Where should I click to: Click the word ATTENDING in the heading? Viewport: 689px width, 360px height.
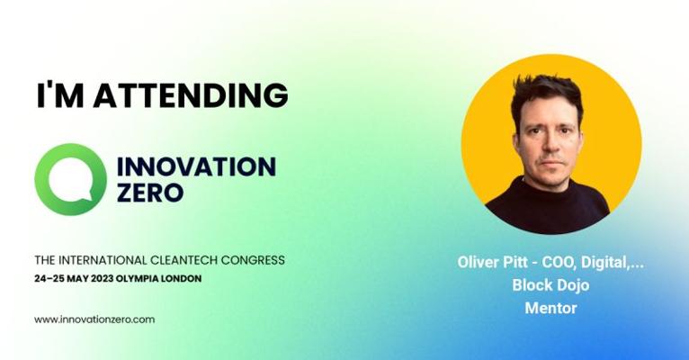click(191, 94)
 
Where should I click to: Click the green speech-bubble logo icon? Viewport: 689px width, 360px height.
click(71, 179)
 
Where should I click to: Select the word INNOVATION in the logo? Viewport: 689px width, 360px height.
click(196, 166)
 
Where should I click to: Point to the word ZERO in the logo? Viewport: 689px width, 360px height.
click(150, 192)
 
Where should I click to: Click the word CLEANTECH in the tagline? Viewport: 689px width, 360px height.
click(183, 260)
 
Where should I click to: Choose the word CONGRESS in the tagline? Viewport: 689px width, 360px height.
click(253, 260)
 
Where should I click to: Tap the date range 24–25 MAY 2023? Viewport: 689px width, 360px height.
click(74, 279)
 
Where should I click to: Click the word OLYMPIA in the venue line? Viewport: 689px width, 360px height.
click(137, 279)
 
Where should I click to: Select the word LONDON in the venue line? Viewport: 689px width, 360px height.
click(181, 279)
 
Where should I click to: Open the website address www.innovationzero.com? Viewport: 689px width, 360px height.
click(94, 319)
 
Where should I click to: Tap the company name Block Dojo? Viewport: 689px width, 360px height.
click(550, 285)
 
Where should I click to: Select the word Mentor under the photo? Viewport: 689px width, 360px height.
click(550, 308)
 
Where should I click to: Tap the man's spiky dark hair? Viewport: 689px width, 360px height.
click(547, 94)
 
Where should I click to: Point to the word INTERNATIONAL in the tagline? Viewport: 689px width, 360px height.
click(103, 260)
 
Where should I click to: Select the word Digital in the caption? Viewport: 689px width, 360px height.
click(604, 264)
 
